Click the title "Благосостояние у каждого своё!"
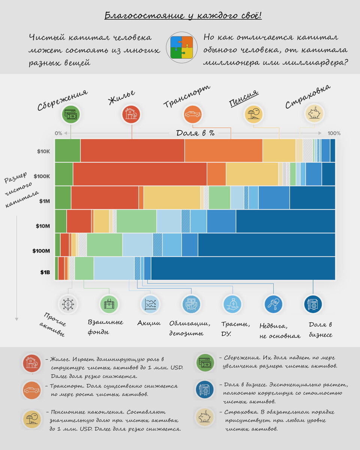pyautogui.click(x=183, y=16)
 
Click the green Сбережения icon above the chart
pyautogui.click(x=71, y=114)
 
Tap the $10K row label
pyautogui.click(x=43, y=151)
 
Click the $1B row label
pyautogui.click(x=45, y=272)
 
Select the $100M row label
pyautogui.click(x=41, y=250)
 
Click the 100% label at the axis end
pyautogui.click(x=334, y=133)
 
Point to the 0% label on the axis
pyautogui.click(x=58, y=133)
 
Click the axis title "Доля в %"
pyautogui.click(x=195, y=133)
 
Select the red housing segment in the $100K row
pyautogui.click(x=139, y=174)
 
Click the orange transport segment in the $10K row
pyautogui.click(x=223, y=150)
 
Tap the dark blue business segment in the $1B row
pyautogui.click(x=243, y=268)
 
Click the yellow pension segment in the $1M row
pyautogui.click(x=171, y=198)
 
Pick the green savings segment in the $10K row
pyautogui.click(x=67, y=150)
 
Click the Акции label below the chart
pyautogui.click(x=149, y=323)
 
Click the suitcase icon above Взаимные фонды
pyautogui.click(x=109, y=304)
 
